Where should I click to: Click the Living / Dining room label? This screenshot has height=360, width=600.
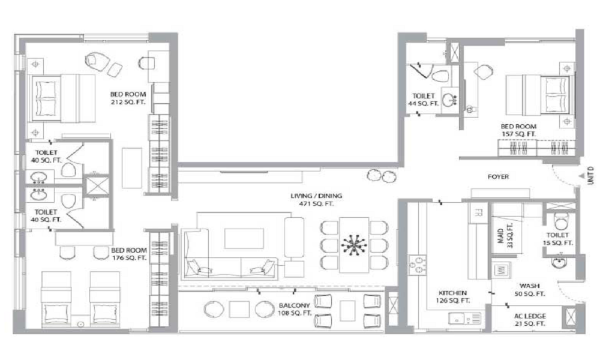[x=316, y=200]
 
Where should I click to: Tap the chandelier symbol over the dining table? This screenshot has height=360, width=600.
[x=354, y=245]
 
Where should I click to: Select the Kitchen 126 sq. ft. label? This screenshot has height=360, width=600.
[x=452, y=297]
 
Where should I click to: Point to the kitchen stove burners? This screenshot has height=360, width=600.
[x=417, y=265]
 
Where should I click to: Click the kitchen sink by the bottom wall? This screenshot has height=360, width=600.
[x=465, y=318]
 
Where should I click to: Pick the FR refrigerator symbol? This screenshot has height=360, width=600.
[x=478, y=213]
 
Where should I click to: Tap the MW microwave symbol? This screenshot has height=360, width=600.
[x=501, y=270]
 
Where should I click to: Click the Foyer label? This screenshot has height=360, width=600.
[x=498, y=177]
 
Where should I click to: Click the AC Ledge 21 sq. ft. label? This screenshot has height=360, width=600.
[x=530, y=320]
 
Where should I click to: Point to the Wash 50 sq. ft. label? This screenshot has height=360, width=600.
[x=530, y=290]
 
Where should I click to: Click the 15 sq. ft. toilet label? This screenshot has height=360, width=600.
[x=557, y=239]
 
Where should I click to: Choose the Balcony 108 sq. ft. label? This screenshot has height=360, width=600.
[x=294, y=310]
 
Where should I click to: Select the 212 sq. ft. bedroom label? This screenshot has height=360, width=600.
[x=128, y=98]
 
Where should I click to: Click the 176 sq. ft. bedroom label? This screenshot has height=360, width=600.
[x=129, y=254]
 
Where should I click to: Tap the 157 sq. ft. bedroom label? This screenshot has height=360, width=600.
[x=519, y=130]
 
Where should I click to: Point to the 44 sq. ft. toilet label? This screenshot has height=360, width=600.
[x=424, y=100]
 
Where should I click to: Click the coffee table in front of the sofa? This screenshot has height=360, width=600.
[x=244, y=239]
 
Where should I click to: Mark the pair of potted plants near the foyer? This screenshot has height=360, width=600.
[x=382, y=176]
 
